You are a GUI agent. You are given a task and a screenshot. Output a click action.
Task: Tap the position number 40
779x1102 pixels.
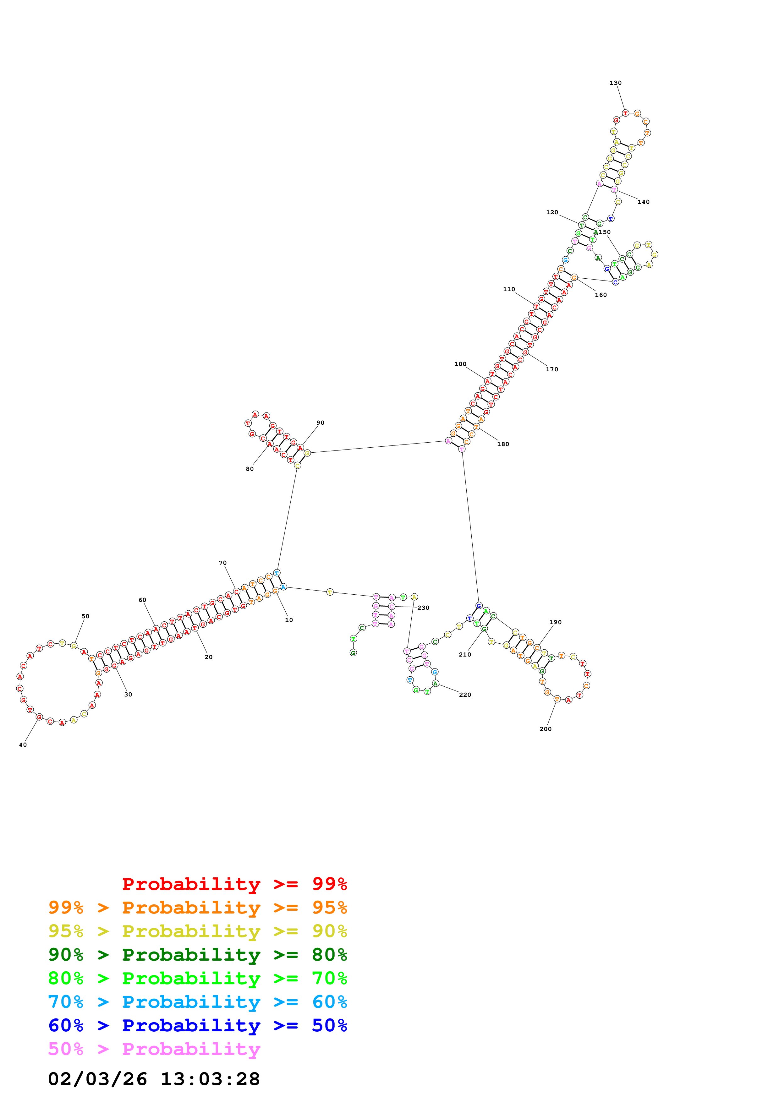(x=23, y=745)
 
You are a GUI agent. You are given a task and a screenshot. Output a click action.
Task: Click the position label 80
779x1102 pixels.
(x=250, y=469)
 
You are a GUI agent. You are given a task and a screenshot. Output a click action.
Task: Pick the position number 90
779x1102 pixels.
(x=320, y=423)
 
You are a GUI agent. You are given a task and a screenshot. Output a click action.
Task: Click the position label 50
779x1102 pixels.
(x=85, y=616)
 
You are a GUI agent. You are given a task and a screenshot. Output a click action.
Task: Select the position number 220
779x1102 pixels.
(x=465, y=695)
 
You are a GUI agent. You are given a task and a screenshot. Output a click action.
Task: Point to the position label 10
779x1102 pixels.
(x=289, y=620)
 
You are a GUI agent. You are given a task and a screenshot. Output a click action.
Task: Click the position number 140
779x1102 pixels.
(x=643, y=202)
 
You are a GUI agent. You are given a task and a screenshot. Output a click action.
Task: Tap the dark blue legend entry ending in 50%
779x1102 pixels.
(x=197, y=1025)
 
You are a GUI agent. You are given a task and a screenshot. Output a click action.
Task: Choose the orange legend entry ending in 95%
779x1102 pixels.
(x=197, y=907)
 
